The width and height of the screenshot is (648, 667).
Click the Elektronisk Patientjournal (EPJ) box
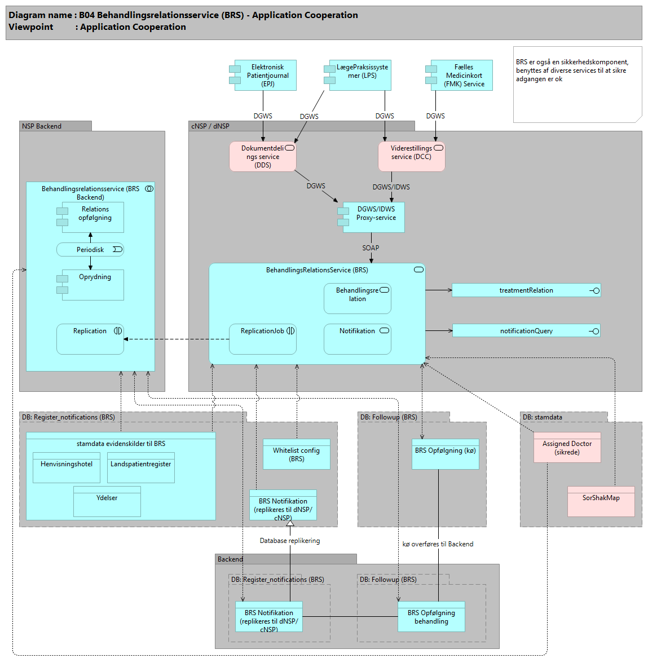[265, 76]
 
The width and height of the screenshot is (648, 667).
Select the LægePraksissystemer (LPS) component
[360, 76]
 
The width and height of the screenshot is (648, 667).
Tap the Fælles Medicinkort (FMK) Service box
[461, 76]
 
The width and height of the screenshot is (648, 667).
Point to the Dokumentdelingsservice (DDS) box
[263, 157]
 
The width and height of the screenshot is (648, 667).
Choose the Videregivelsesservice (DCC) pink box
[411, 157]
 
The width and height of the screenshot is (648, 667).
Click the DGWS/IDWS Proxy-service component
[373, 217]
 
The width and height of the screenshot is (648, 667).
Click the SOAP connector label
[371, 248]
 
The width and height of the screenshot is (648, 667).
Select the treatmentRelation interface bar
[526, 290]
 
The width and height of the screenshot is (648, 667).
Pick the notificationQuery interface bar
[526, 331]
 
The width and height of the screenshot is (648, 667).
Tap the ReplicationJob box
[263, 339]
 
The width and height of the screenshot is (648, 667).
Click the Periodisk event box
[90, 250]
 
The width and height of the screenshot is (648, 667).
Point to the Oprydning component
[92, 285]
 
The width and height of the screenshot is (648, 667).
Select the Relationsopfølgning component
[92, 217]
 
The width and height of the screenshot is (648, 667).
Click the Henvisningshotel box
[67, 468]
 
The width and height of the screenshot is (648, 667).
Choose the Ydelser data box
[107, 502]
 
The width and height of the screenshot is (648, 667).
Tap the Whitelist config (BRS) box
[297, 454]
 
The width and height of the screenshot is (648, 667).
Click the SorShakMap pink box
[601, 501]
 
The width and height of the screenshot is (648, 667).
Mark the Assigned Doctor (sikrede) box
[567, 448]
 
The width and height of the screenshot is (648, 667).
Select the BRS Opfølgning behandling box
[431, 617]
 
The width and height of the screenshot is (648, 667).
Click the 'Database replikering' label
[290, 541]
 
